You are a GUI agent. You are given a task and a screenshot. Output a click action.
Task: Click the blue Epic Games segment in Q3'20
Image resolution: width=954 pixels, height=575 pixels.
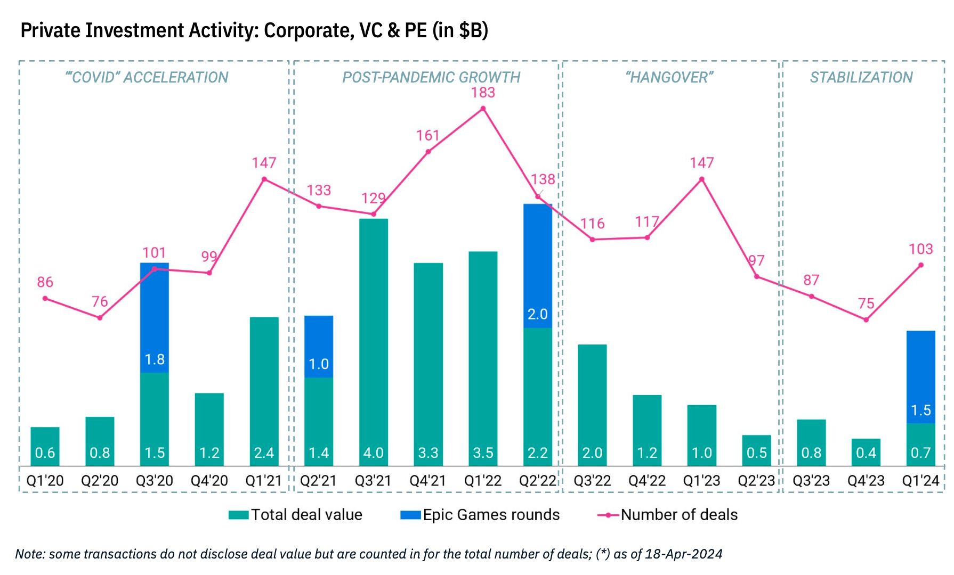[155, 317]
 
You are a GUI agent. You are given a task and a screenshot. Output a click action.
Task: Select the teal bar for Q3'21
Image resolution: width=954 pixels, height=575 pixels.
[374, 341]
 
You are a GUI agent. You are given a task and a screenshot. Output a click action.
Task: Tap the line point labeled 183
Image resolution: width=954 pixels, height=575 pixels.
[483, 109]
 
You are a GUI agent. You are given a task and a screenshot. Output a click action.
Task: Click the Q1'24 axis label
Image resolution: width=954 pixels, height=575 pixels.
[920, 481]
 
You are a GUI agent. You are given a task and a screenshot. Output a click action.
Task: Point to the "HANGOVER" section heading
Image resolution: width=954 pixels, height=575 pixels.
[669, 78]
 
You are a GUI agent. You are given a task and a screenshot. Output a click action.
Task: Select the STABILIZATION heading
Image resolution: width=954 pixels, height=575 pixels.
[861, 78]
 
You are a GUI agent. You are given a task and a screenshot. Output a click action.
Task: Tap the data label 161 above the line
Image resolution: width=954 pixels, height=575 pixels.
[427, 136]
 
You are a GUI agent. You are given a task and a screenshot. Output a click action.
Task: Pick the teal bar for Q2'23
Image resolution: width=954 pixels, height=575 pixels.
[756, 450]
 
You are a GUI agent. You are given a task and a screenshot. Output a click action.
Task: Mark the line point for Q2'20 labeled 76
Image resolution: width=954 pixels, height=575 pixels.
[100, 318]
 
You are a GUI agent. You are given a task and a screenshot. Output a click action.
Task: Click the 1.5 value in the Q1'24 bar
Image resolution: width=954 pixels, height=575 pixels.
[920, 410]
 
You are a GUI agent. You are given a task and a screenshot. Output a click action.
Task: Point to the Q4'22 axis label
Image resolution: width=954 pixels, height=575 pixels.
[647, 481]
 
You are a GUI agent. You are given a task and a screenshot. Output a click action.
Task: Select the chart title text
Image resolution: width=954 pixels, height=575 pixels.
[254, 30]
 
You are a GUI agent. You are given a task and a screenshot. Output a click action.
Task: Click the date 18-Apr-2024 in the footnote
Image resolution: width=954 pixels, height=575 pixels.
[683, 554]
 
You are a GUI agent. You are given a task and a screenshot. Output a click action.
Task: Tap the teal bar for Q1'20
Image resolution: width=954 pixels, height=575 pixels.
[45, 446]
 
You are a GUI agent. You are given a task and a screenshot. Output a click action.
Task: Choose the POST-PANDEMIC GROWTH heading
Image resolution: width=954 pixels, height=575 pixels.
[431, 78]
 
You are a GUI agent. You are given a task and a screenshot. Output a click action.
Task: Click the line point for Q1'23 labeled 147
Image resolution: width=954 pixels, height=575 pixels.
[701, 179]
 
